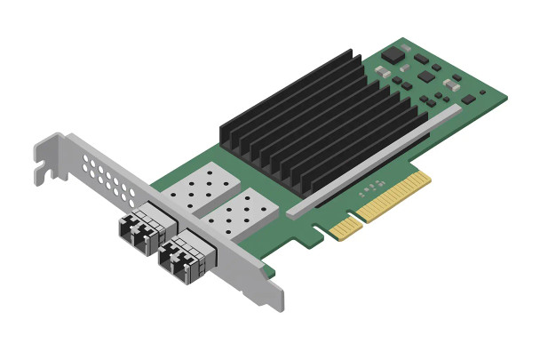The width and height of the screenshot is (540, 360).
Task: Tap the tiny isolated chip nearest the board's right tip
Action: click(483, 91)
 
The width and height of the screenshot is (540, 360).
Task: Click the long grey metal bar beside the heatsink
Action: click(373, 159)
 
